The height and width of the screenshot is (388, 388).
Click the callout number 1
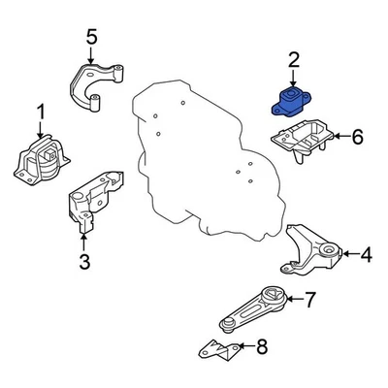coord(41,114)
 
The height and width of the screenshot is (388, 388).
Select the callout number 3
coord(83,261)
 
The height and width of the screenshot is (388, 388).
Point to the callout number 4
coord(366,256)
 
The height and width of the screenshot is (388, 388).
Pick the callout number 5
coord(91,38)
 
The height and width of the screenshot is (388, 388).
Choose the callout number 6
coord(356,138)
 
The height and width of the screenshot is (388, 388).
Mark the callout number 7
coord(309,300)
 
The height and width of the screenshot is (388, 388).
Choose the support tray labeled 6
coord(301,141)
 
